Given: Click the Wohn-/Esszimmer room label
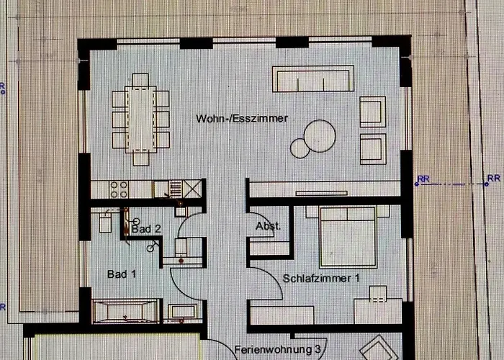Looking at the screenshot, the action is coord(242,118).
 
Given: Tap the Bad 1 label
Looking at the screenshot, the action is coord(122,274).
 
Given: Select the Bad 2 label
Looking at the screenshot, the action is coord(146,229).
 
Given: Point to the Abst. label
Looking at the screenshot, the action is coord(268,226).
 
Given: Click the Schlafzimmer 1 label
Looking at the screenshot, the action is coord(321,279).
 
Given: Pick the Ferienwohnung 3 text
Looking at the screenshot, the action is coord(278,349).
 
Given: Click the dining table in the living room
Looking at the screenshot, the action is coord(141,120).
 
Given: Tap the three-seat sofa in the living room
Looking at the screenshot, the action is coord(313,79).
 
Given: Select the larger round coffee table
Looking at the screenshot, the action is coord(320,136).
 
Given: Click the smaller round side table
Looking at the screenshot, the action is coord(300,148).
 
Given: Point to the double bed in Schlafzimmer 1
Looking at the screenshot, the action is coord(348,237).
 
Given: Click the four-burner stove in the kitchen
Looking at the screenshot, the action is coord(119,189).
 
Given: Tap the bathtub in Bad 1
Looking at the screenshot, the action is coord(125,311).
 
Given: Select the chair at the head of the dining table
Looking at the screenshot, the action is coord(140,80).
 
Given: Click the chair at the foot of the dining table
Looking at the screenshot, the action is coord(141,159).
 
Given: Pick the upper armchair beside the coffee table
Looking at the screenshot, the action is coord(373,112).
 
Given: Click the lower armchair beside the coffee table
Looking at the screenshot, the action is coord(373,149).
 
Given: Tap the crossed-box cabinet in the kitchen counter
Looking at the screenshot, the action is coord(192,189).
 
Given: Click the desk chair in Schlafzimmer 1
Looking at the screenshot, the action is coord(378,293).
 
